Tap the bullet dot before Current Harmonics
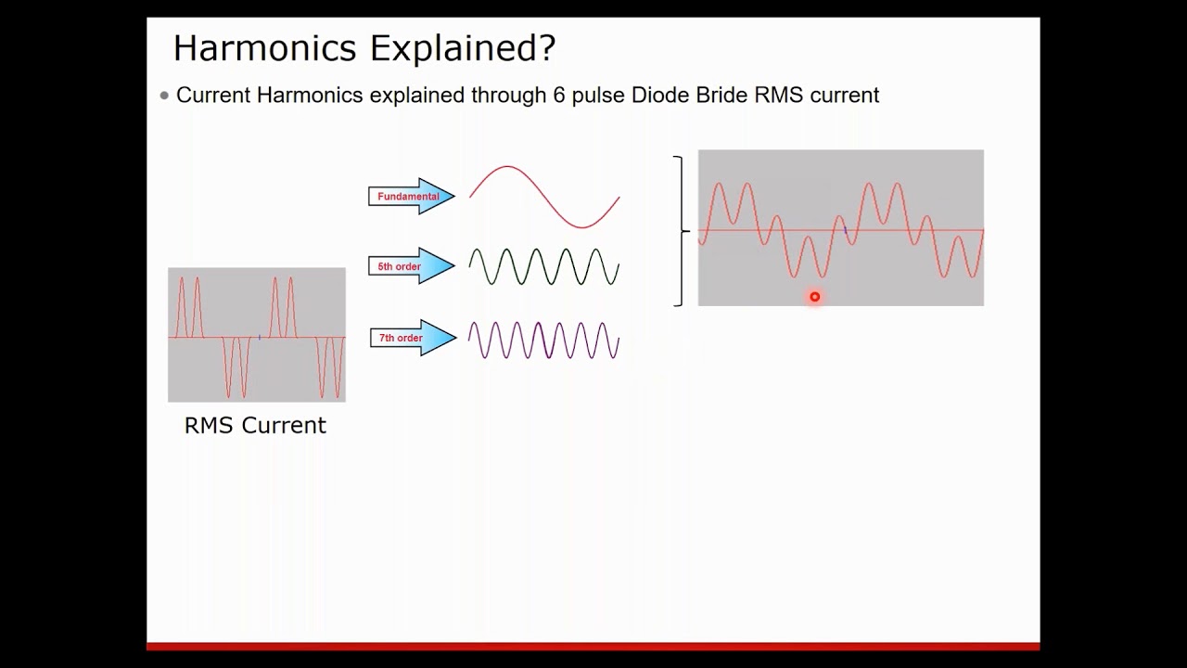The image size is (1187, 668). pyautogui.click(x=165, y=95)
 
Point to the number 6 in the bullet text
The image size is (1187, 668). pyautogui.click(x=559, y=95)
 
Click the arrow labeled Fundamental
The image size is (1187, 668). pyautogui.click(x=412, y=197)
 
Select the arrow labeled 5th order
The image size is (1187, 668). pyautogui.click(x=412, y=266)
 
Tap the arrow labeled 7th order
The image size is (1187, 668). pyautogui.click(x=412, y=338)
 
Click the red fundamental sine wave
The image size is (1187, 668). pyautogui.click(x=544, y=197)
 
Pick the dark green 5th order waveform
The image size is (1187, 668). pyautogui.click(x=544, y=267)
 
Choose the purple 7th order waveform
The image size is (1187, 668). pyautogui.click(x=544, y=340)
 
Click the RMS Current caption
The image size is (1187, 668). pyautogui.click(x=255, y=426)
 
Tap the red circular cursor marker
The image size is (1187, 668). pyautogui.click(x=815, y=297)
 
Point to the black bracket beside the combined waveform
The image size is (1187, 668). pyautogui.click(x=682, y=230)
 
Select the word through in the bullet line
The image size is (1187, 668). pyautogui.click(x=508, y=96)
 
